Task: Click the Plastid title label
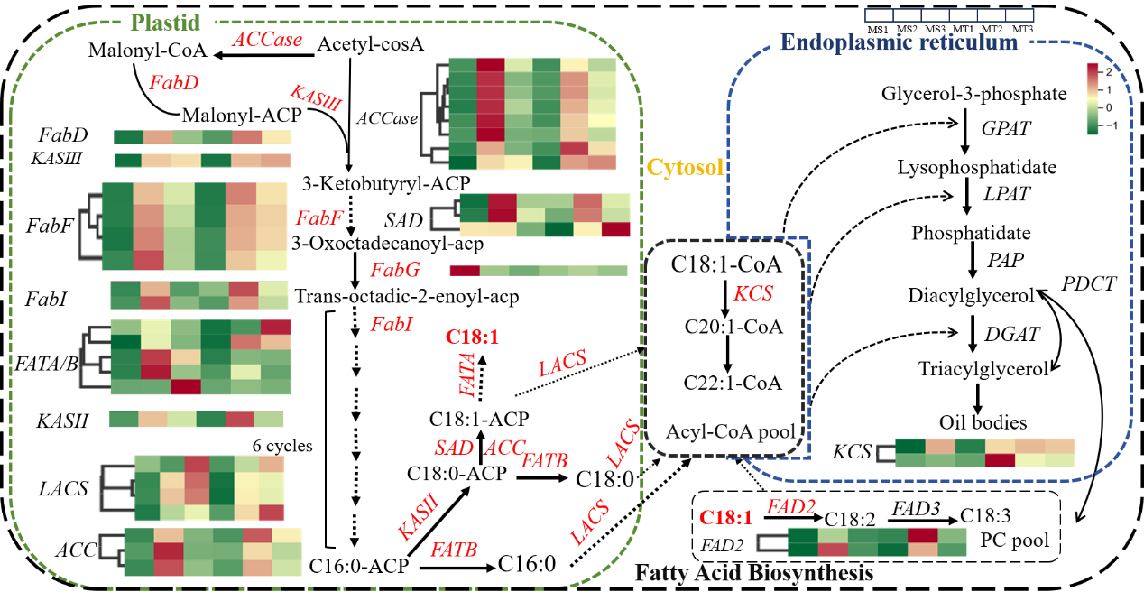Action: point(168,24)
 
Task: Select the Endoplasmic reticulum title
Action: point(899,42)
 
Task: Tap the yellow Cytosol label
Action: point(685,167)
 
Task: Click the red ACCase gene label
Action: point(267,40)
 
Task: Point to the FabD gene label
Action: point(173,83)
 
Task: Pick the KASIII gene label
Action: point(315,97)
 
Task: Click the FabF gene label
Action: point(319,217)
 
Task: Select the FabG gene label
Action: point(394,270)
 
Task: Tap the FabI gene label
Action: point(391,324)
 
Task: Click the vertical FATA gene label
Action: point(467,374)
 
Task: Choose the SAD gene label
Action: point(453,448)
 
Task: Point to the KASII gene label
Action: point(417,516)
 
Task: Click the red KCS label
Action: point(753,294)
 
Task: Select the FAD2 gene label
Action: point(791,507)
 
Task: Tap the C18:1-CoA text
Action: point(725,266)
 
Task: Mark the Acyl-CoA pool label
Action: point(731,431)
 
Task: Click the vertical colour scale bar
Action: point(1093,98)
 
